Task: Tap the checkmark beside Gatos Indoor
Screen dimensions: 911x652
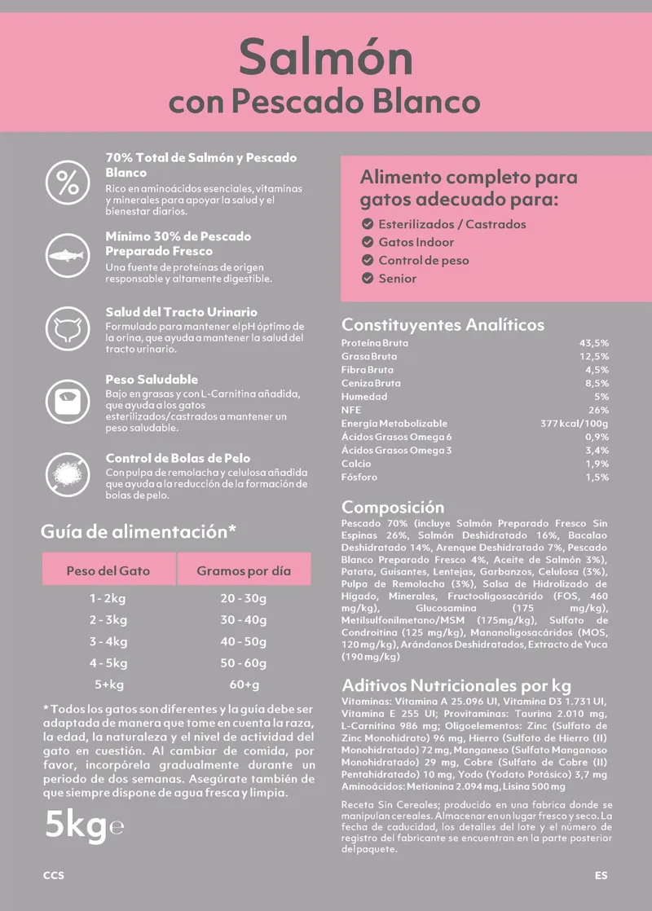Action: [x=368, y=242]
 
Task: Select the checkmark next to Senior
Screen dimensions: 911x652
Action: [x=368, y=279]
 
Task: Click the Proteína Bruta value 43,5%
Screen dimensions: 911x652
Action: [x=593, y=343]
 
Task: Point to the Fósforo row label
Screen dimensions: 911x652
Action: [x=359, y=478]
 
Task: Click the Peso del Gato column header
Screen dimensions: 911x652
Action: [x=108, y=570]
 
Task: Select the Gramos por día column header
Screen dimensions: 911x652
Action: [x=244, y=570]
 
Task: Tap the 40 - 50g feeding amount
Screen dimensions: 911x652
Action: [x=244, y=641]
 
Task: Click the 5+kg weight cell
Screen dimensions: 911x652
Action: [x=108, y=684]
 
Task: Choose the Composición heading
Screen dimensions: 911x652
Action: [x=393, y=507]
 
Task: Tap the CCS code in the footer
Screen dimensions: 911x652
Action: [x=54, y=876]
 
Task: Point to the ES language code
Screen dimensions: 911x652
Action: [x=601, y=876]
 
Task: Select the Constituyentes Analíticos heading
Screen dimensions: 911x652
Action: [x=443, y=324]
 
